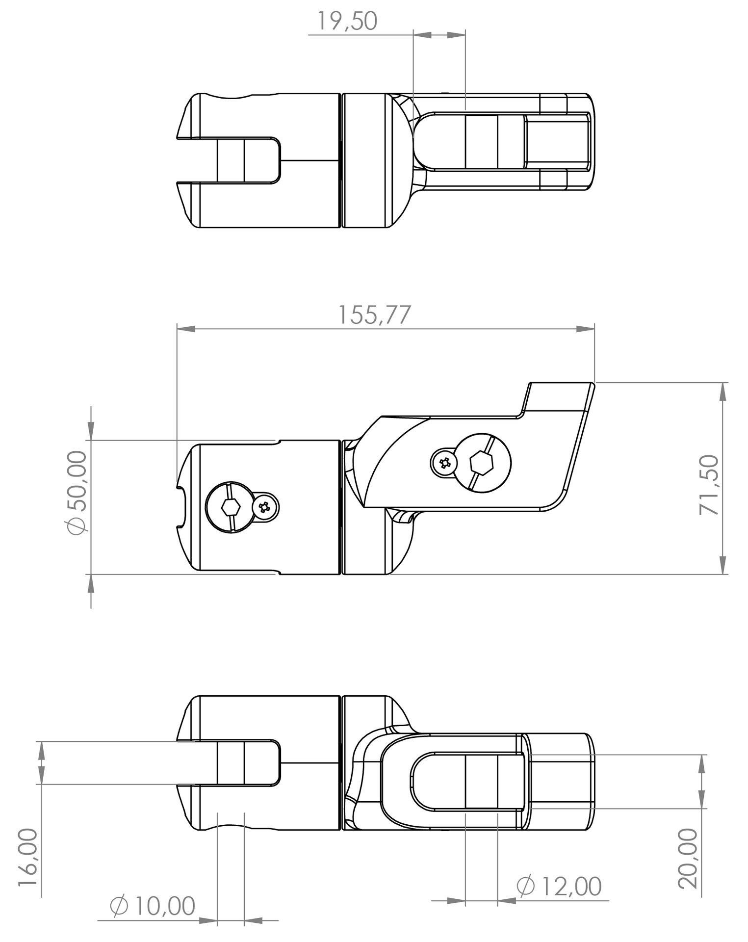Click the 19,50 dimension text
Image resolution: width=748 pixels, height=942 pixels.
[x=347, y=21]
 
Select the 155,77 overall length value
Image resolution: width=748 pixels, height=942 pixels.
[x=374, y=315]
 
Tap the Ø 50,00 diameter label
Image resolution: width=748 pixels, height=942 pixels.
[x=77, y=493]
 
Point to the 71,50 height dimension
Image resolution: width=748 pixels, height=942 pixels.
[x=709, y=485]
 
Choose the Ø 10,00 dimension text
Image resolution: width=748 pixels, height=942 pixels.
[x=153, y=906]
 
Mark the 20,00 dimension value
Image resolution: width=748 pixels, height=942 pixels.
[x=688, y=859]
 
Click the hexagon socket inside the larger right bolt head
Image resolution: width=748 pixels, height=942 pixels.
[x=481, y=463]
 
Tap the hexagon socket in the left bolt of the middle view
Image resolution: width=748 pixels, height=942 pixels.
[x=231, y=507]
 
